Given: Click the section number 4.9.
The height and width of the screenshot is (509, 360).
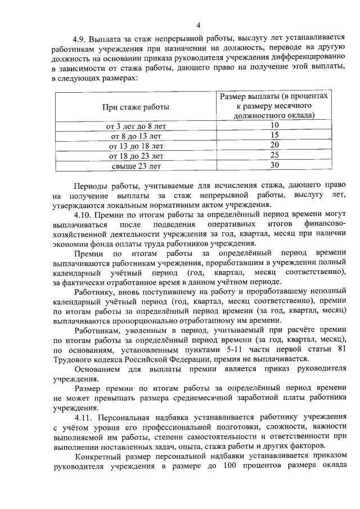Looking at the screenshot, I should click(80, 39).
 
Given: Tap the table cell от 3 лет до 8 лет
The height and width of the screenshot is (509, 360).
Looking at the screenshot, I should click(136, 125).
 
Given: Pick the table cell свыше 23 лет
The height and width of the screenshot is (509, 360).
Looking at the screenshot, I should click(136, 166).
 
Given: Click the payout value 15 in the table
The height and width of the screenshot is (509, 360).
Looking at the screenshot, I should click(274, 135).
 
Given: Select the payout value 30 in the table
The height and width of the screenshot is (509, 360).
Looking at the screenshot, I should click(274, 165).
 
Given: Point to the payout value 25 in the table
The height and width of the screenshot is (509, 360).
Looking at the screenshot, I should click(274, 155).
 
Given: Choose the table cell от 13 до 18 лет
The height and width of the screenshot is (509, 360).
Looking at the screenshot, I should click(136, 146).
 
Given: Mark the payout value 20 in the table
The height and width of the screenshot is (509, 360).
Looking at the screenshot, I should click(274, 145).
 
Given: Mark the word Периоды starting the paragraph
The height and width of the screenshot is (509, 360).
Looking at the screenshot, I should click(91, 185).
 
